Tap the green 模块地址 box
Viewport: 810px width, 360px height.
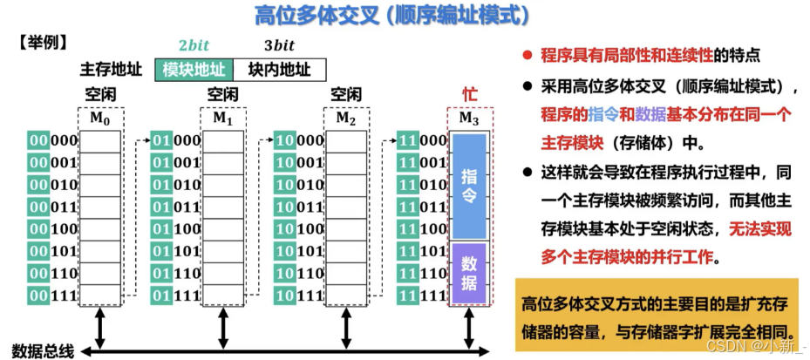[194, 69]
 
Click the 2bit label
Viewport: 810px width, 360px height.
[194, 46]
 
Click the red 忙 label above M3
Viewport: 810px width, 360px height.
[469, 94]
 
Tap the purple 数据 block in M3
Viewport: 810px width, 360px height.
[470, 274]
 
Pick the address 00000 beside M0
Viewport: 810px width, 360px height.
[53, 140]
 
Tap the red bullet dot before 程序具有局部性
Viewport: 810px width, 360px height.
[527, 56]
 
